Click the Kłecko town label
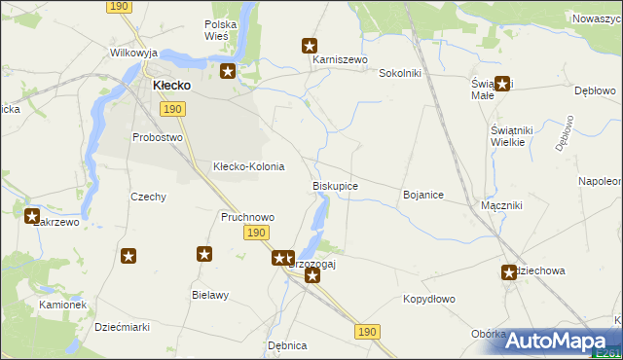pos(171,86)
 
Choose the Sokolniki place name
pos(399,73)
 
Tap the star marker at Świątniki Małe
pos(502,84)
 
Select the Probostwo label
pos(158,137)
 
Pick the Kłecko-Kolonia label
pos(248,166)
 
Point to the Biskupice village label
pos(335,186)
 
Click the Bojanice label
pos(423,196)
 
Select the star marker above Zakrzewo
pos(32,216)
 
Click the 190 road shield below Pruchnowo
pos(256,233)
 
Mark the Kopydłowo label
pos(429,300)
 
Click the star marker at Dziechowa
pos(509,273)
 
